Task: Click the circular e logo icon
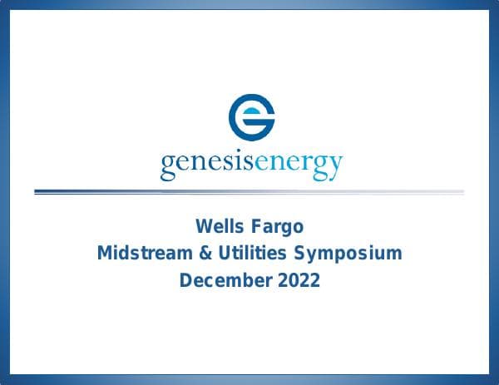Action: pyautogui.click(x=251, y=117)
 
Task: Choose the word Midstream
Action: pyautogui.click(x=141, y=253)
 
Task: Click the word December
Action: pyautogui.click(x=222, y=280)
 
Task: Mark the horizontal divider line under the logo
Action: pyautogui.click(x=249, y=192)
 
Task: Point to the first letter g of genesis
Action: pyautogui.click(x=167, y=166)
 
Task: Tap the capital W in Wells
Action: pyautogui.click(x=202, y=225)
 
